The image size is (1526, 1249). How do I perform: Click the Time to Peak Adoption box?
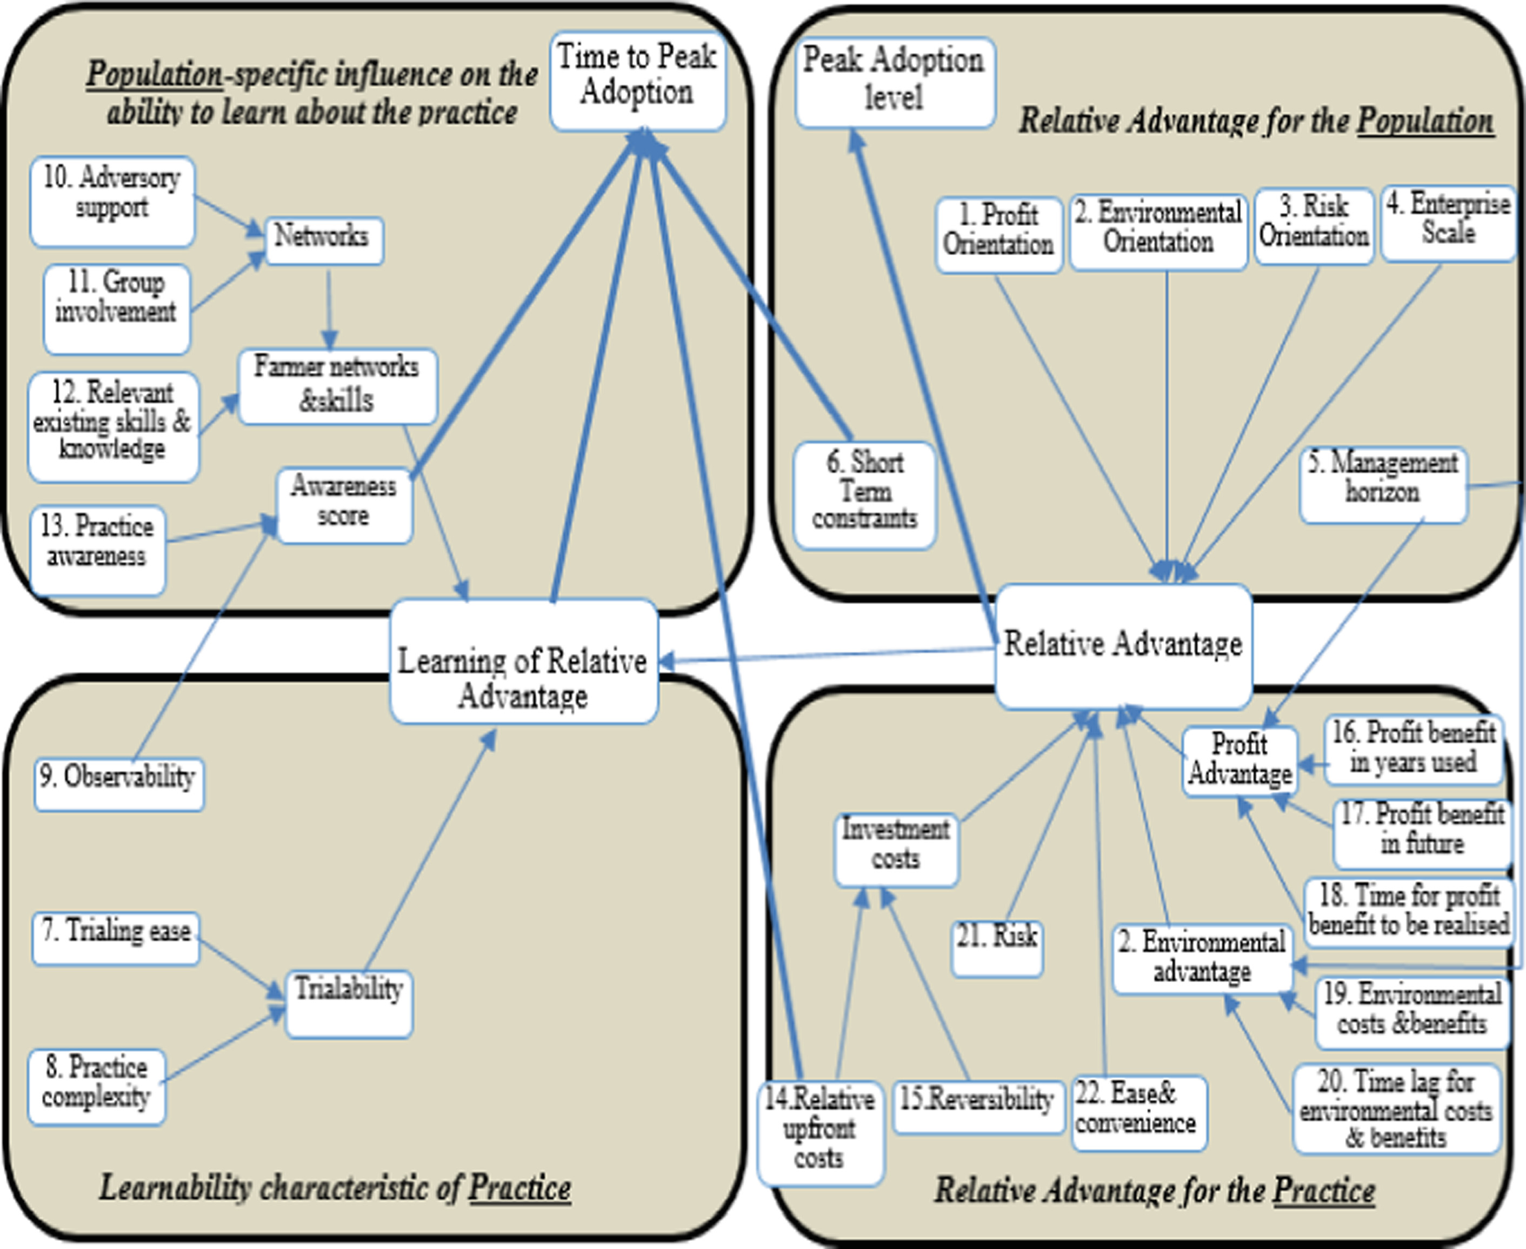tap(637, 81)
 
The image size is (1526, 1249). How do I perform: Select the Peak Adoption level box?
tap(894, 82)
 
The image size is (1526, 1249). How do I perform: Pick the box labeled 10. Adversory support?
tap(112, 201)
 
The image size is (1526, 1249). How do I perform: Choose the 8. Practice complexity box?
tap(96, 1086)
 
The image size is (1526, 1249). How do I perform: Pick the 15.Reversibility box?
tap(977, 1106)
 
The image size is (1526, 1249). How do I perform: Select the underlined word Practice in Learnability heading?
tap(520, 1188)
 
